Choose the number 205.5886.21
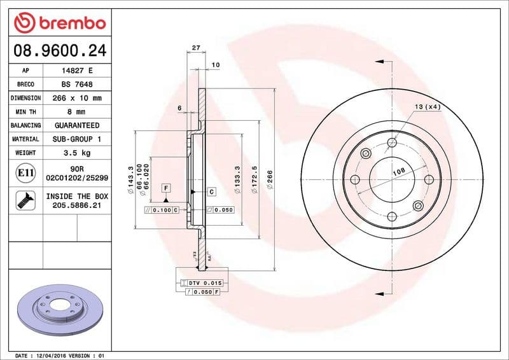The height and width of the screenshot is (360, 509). click(x=76, y=206)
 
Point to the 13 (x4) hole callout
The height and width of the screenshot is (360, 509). click(x=428, y=107)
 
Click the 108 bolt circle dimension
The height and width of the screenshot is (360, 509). click(x=398, y=171)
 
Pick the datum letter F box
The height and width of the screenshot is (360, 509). click(x=165, y=188)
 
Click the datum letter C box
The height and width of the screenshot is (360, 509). click(x=211, y=191)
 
